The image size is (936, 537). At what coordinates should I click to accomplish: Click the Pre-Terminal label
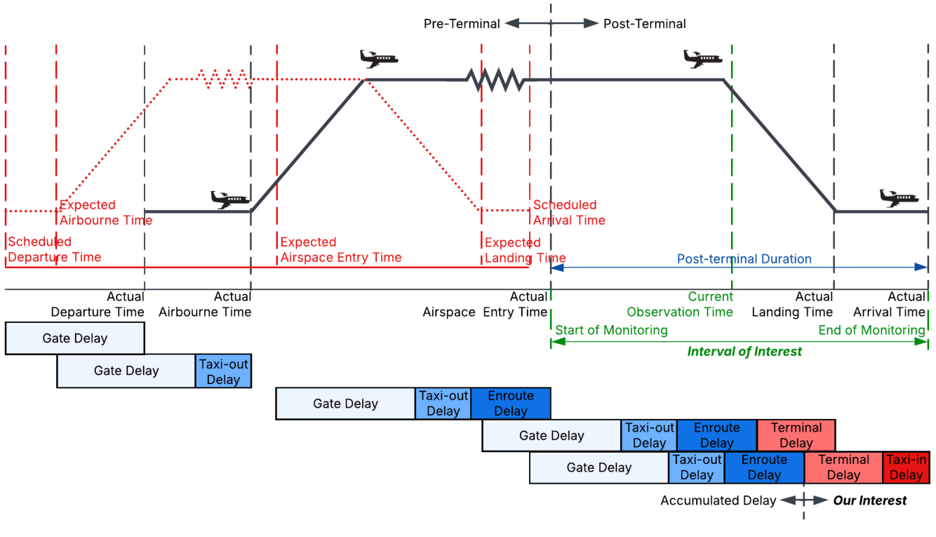tap(461, 24)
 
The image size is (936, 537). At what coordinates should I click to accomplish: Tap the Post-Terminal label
tap(644, 24)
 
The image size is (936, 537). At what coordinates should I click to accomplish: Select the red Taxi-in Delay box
tap(906, 468)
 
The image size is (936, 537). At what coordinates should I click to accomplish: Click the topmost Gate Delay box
tap(75, 338)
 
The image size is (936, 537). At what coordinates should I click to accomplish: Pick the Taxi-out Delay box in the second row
tap(223, 371)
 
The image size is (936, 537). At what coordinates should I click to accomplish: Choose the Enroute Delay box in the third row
tap(511, 403)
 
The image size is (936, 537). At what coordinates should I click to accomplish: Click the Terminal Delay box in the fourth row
tap(796, 435)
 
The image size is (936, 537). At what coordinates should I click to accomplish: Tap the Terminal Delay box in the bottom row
tap(843, 468)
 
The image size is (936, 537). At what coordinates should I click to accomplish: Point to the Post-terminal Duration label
tap(744, 259)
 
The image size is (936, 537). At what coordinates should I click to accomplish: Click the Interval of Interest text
tap(744, 352)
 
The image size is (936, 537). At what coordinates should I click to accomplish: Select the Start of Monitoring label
tap(611, 330)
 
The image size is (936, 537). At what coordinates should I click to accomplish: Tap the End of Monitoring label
tap(871, 330)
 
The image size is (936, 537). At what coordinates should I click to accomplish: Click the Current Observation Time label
tap(680, 304)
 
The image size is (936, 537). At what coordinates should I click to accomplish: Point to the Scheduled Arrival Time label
tap(569, 212)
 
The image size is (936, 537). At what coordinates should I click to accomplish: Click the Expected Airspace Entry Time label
tap(340, 249)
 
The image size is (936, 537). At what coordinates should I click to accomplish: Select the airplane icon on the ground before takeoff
tap(230, 199)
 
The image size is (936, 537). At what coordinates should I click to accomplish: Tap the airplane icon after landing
tap(899, 197)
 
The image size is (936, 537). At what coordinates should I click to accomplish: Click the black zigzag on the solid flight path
tap(495, 79)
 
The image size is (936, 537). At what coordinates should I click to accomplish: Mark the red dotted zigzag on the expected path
tap(224, 79)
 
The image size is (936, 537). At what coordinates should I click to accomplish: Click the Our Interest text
tap(870, 500)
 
